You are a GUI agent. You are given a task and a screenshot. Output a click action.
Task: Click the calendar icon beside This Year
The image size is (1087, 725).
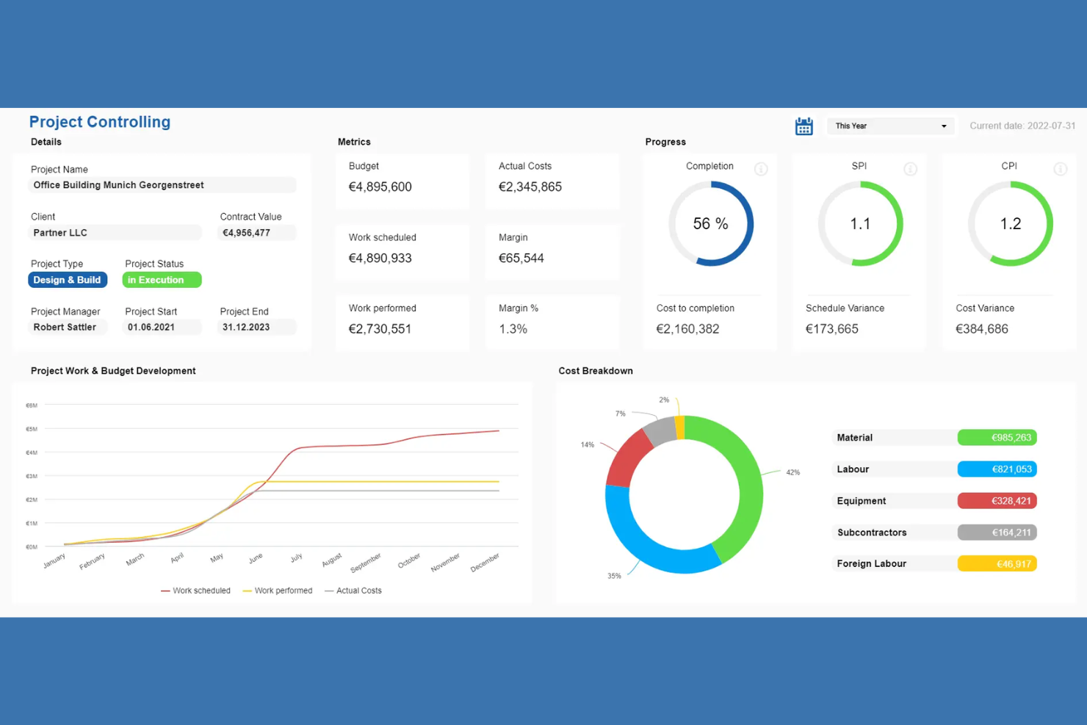tap(803, 126)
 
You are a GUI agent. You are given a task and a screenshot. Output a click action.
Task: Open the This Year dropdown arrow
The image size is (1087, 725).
tap(944, 126)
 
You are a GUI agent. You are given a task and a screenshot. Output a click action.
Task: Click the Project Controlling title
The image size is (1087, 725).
tap(100, 122)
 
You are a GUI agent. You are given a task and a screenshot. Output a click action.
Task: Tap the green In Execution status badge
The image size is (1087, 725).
tap(162, 280)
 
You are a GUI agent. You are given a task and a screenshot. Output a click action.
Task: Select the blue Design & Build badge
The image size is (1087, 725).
tap(68, 280)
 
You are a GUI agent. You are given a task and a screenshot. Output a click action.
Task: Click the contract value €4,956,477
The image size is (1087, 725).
tap(247, 233)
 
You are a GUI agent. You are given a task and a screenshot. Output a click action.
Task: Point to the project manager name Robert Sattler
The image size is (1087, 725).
tap(65, 327)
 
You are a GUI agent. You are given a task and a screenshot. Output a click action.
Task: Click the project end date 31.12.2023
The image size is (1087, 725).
tap(246, 327)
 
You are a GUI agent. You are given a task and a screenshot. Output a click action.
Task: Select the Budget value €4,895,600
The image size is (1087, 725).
tap(380, 187)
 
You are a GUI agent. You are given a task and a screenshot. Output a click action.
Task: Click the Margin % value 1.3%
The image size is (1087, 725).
tap(513, 329)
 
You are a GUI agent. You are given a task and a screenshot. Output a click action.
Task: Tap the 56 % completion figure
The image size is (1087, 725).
tap(710, 224)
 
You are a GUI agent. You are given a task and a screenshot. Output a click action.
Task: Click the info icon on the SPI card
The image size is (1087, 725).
tap(910, 169)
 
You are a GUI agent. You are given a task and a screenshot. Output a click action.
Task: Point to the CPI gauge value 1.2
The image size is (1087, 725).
tap(1010, 224)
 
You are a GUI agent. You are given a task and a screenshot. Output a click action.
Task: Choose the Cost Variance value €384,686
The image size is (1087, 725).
tap(981, 329)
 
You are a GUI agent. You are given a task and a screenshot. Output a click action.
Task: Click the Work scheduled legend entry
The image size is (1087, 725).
tap(196, 591)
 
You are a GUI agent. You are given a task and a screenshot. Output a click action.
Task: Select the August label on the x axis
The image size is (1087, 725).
tap(332, 560)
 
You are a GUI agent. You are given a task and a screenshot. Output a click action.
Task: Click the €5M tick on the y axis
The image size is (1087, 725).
tap(32, 429)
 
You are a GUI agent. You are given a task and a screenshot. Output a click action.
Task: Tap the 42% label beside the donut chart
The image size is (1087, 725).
tap(792, 472)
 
